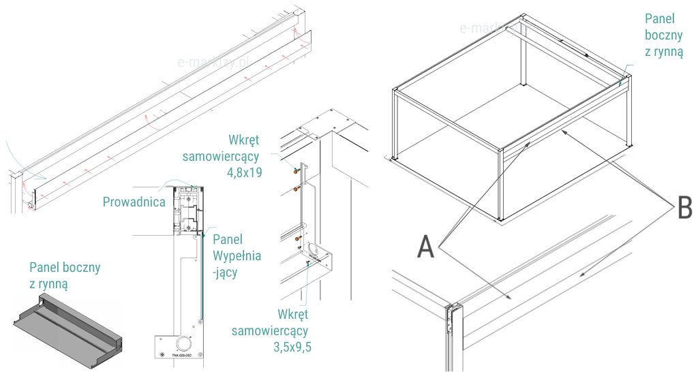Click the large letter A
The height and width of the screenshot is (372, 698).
[425, 246]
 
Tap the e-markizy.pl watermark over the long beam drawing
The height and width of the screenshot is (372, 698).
[213, 62]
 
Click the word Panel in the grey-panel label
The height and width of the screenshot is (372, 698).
[45, 266]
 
